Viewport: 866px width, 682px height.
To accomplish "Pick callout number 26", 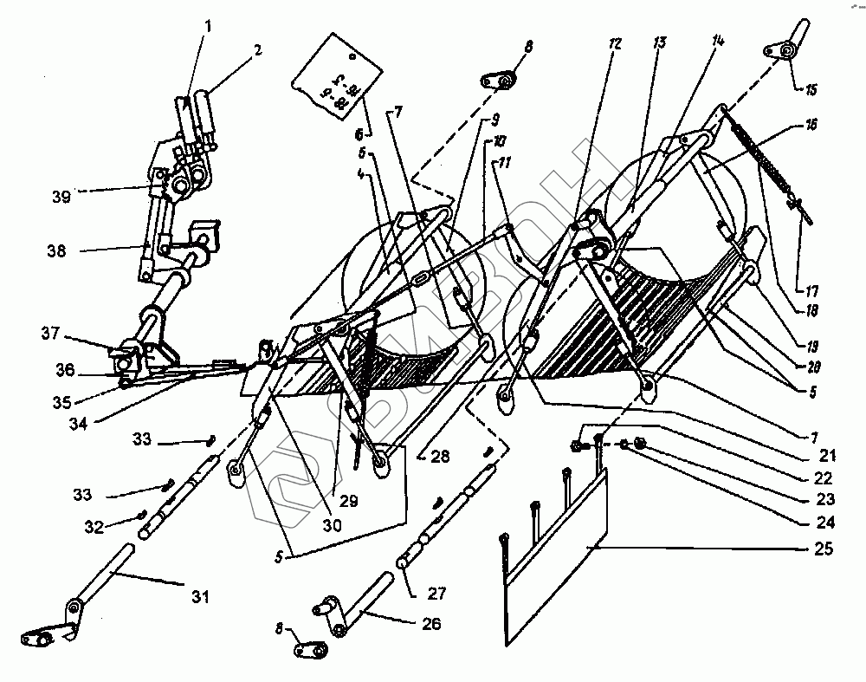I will coord(430,623).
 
